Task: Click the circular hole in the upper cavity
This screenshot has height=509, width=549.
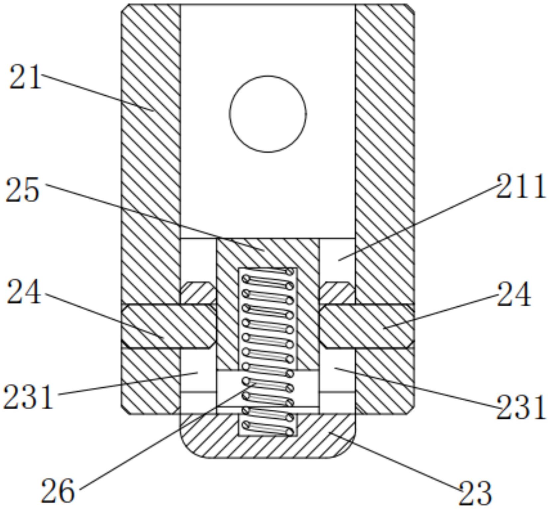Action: click(x=268, y=114)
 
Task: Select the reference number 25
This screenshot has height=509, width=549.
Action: click(x=23, y=190)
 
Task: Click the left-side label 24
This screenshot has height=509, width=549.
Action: click(x=24, y=292)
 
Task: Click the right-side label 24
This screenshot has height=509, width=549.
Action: click(x=513, y=295)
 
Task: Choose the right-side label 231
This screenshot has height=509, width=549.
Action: click(x=520, y=407)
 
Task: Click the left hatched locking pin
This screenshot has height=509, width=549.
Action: click(x=168, y=326)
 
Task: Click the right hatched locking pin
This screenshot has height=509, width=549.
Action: click(x=367, y=326)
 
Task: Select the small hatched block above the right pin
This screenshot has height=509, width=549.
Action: click(x=337, y=293)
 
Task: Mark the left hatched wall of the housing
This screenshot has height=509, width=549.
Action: click(x=151, y=166)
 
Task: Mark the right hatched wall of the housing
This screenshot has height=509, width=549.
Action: click(x=385, y=166)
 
